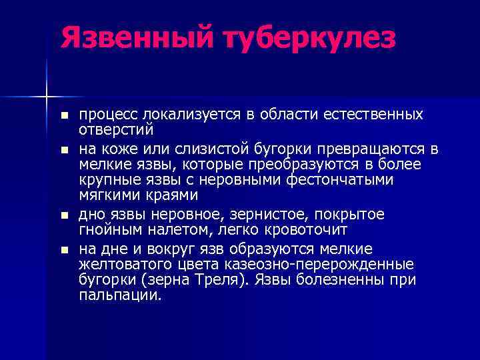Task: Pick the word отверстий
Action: pos(117,129)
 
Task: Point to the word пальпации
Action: pos(120,295)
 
